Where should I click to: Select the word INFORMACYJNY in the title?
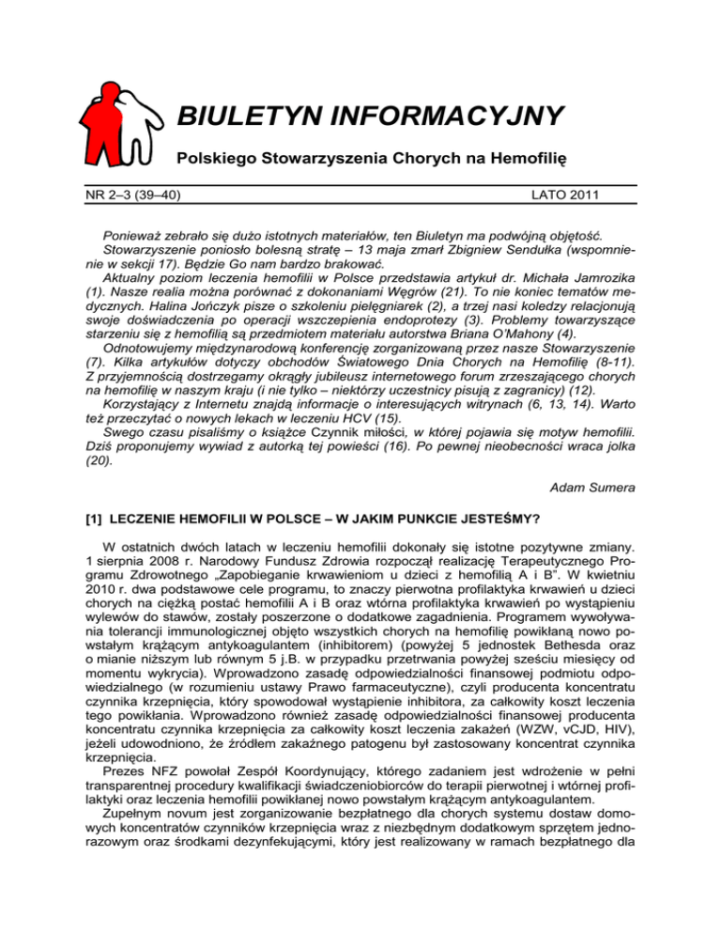(x=450, y=117)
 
